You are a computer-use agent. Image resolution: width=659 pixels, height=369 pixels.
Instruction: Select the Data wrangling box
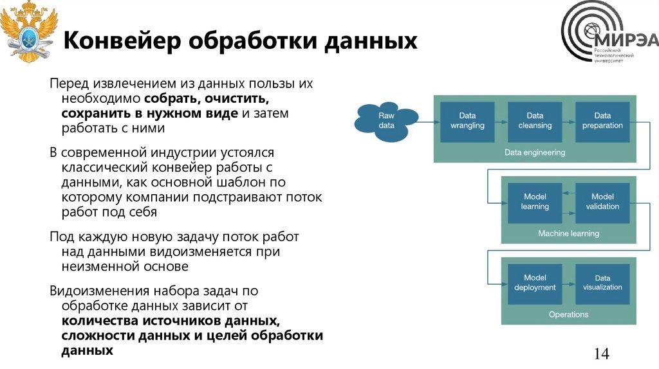[467, 120]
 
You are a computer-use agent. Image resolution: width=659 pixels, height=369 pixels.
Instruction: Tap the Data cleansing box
[535, 120]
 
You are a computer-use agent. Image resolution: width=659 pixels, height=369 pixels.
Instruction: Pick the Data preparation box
[602, 120]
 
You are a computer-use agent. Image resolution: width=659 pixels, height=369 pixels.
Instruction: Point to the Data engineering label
[534, 153]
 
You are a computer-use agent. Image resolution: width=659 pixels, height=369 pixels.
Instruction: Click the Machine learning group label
[568, 233]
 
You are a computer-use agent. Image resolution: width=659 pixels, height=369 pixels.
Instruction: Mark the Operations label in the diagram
[568, 314]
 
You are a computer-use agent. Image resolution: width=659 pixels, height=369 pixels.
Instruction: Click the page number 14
[601, 354]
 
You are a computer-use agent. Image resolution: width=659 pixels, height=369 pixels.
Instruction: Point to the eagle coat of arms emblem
[27, 32]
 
